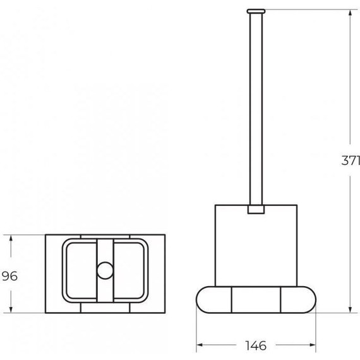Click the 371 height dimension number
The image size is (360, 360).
(x=351, y=160)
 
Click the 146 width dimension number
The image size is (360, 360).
(x=256, y=345)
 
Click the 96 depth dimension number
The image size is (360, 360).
(x=9, y=276)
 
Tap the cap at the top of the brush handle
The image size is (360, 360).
(x=256, y=11)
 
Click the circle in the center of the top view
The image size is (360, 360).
(x=105, y=270)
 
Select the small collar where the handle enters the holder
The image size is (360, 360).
(x=256, y=210)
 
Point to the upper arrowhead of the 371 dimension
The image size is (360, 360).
(x=350, y=13)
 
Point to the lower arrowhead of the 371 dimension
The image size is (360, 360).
(x=350, y=309)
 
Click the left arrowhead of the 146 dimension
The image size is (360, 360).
(x=200, y=345)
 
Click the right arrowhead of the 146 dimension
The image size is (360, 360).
(x=312, y=345)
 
